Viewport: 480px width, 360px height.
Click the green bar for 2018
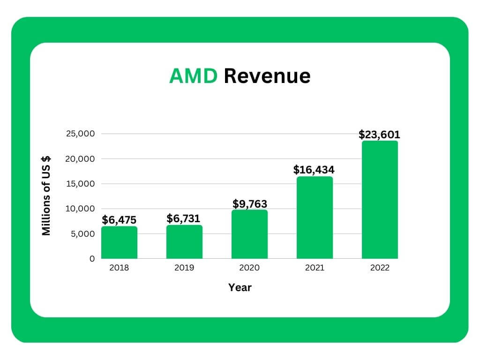pos(119,242)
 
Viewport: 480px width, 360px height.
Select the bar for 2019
pos(184,242)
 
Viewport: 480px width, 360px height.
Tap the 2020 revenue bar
pos(249,234)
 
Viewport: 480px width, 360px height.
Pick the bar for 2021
pos(315,217)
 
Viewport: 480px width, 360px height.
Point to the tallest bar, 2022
pos(380,200)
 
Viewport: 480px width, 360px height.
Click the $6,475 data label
pos(119,220)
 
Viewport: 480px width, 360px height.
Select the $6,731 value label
pos(184,218)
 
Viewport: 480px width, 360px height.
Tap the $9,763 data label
pos(250,204)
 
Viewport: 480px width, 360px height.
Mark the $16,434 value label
pos(314,170)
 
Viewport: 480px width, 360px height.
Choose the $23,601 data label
pos(380,135)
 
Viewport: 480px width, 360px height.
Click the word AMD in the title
pos(193,76)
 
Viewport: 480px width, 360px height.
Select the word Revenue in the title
pos(267,76)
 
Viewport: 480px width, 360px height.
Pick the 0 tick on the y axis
pos(92,258)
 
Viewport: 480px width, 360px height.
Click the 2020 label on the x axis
pos(249,268)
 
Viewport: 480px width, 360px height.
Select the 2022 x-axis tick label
pos(380,268)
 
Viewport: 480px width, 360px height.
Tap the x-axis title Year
pos(240,287)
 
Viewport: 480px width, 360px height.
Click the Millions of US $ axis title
pos(46,196)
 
